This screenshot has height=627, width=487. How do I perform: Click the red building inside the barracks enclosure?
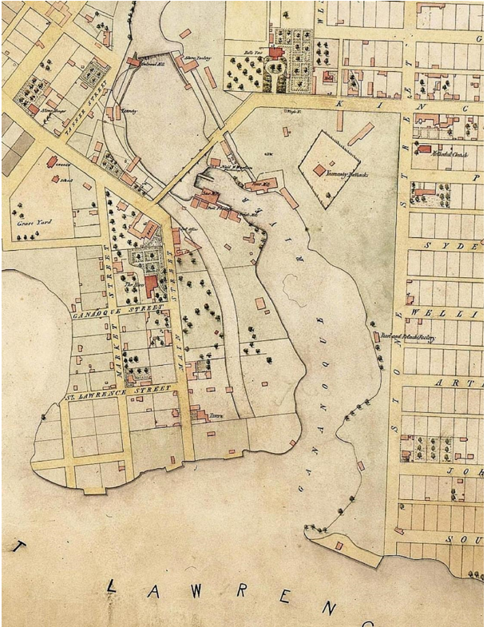coord(319,170)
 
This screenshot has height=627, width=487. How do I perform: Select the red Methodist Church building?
coord(425,149)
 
